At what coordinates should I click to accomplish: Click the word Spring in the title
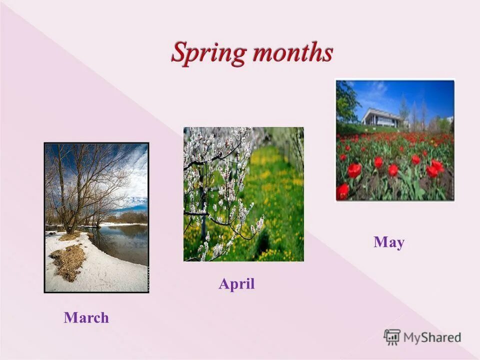pyautogui.click(x=209, y=53)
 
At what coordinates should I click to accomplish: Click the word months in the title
pyautogui.click(x=292, y=52)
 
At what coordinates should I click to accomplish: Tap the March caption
pyautogui.click(x=86, y=317)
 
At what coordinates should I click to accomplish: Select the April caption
pyautogui.click(x=236, y=284)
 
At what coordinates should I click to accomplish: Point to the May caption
pyautogui.click(x=388, y=242)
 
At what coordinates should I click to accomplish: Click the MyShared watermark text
pyautogui.click(x=432, y=337)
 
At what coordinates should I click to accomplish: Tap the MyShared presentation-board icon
pyautogui.click(x=392, y=337)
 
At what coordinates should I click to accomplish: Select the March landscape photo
pyautogui.click(x=96, y=217)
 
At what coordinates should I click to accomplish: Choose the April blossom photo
pyautogui.click(x=243, y=194)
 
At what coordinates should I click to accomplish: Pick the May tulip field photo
pyautogui.click(x=395, y=140)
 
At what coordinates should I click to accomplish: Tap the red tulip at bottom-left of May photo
pyautogui.click(x=343, y=190)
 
